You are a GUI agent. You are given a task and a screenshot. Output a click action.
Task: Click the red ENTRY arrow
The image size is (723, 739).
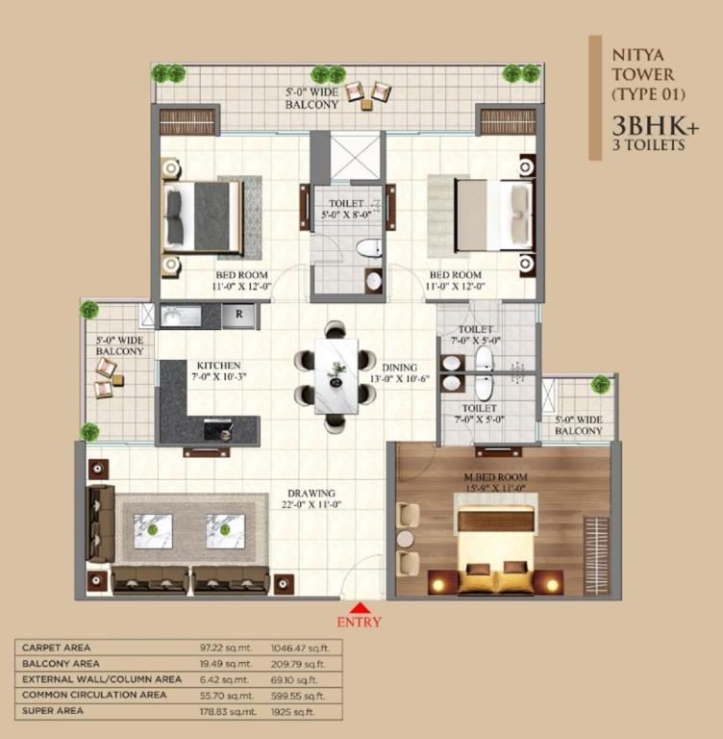[360, 606]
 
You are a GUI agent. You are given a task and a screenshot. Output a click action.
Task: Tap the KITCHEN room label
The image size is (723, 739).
[218, 366]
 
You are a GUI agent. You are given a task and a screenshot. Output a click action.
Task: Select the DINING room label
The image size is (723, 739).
[399, 368]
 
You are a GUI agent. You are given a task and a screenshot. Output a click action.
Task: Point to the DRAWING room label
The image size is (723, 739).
[312, 494]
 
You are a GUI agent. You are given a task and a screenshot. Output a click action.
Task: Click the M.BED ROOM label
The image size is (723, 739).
[495, 477]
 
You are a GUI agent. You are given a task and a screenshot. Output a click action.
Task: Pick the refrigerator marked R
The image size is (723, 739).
[238, 316]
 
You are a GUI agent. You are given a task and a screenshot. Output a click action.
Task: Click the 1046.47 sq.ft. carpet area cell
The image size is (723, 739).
[300, 648]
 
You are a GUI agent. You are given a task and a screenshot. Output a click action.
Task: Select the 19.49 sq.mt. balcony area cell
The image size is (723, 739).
[226, 664]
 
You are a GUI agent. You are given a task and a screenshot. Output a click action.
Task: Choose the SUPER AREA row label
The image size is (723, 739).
[53, 711]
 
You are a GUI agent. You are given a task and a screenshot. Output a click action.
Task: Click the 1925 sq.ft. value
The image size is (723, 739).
[292, 712]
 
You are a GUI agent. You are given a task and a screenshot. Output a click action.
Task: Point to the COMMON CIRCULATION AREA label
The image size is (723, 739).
[94, 695]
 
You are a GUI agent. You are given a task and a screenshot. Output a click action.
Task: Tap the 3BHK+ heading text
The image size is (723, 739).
[656, 126]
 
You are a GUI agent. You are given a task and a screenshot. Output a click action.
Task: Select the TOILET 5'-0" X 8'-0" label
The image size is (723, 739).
[346, 209]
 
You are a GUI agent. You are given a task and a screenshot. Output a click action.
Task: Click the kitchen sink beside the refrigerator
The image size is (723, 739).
[181, 316]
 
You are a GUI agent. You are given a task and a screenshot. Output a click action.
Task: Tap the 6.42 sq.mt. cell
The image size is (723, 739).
[223, 680]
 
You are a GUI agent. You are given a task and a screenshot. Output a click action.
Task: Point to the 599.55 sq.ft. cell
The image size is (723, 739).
[298, 696]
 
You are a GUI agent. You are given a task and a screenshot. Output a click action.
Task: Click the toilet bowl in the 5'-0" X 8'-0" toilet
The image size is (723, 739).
[369, 248]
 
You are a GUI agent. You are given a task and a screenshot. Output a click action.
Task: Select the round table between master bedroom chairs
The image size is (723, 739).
[405, 539]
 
